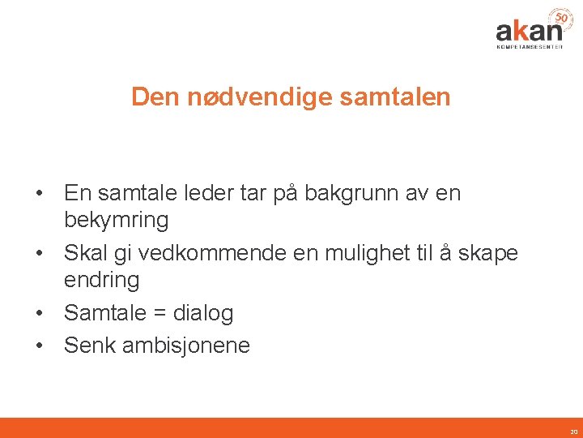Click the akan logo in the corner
point(529,31)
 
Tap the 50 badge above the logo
point(560,17)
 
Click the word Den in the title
point(156,97)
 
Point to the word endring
point(102,280)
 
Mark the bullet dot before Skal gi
point(39,254)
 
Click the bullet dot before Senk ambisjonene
point(39,346)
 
